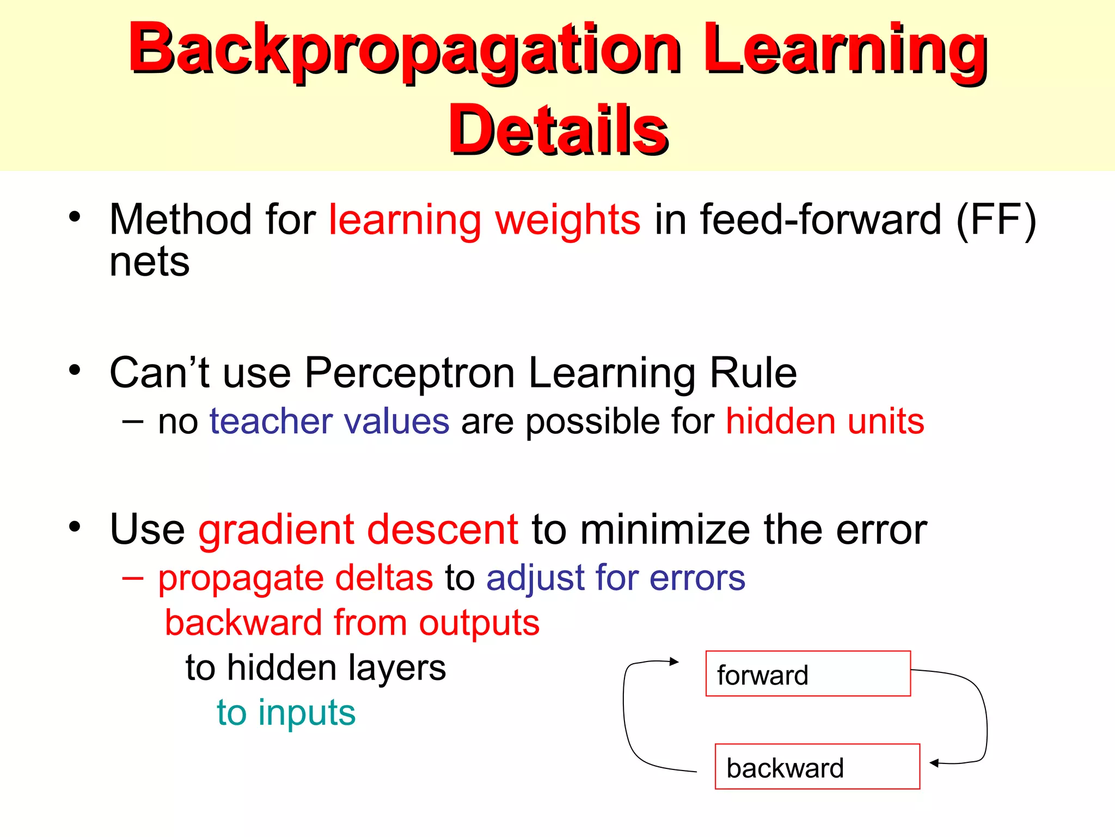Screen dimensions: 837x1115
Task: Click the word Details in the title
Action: click(558, 130)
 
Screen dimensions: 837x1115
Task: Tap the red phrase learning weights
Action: click(485, 220)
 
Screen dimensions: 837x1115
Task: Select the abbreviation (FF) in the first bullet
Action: click(996, 220)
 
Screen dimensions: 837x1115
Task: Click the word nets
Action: click(149, 262)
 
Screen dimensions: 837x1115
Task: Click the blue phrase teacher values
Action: click(329, 421)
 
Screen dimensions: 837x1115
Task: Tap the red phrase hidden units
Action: click(825, 421)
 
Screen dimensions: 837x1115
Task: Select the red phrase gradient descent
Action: click(358, 530)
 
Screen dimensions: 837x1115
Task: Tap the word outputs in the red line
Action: click(479, 622)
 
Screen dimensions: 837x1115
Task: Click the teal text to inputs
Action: click(286, 712)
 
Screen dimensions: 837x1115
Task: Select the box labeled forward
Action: click(808, 674)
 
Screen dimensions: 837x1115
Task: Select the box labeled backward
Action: click(817, 766)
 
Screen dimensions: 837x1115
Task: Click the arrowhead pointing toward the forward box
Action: click(675, 662)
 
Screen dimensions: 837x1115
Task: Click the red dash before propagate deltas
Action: click(132, 578)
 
